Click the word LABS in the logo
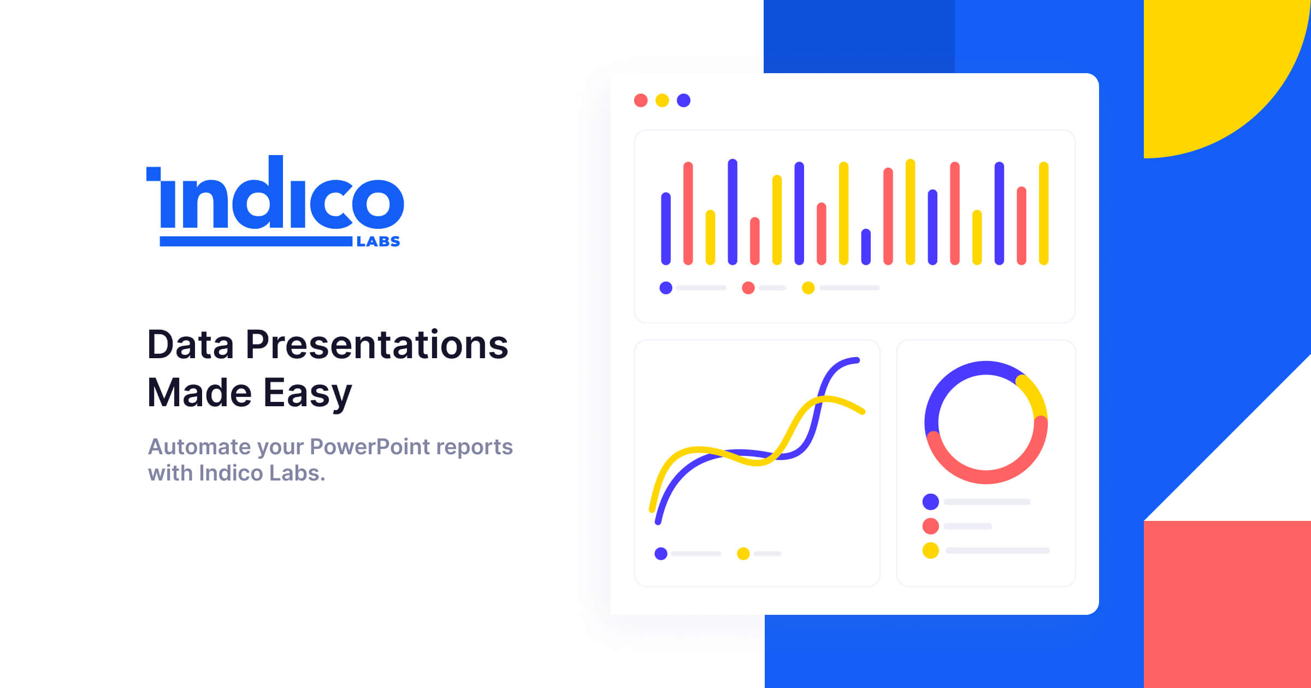click(x=378, y=241)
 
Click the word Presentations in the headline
click(x=377, y=345)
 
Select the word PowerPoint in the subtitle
click(x=370, y=447)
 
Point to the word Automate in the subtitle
click(x=199, y=447)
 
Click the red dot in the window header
click(x=641, y=100)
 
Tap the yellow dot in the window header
click(x=662, y=100)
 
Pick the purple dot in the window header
click(x=683, y=100)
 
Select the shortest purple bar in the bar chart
click(x=866, y=247)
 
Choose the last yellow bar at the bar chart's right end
click(x=1043, y=213)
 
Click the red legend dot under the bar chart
click(x=748, y=288)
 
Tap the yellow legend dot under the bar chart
click(x=808, y=288)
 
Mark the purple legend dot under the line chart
click(x=661, y=554)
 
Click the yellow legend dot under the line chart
click(x=743, y=554)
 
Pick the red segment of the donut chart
click(x=986, y=476)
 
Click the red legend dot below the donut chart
click(x=931, y=526)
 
